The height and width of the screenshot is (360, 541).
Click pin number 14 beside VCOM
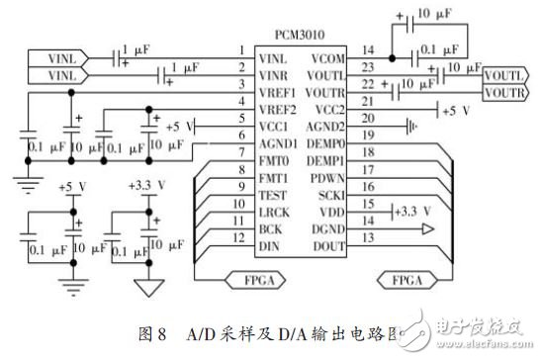tap(367, 49)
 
